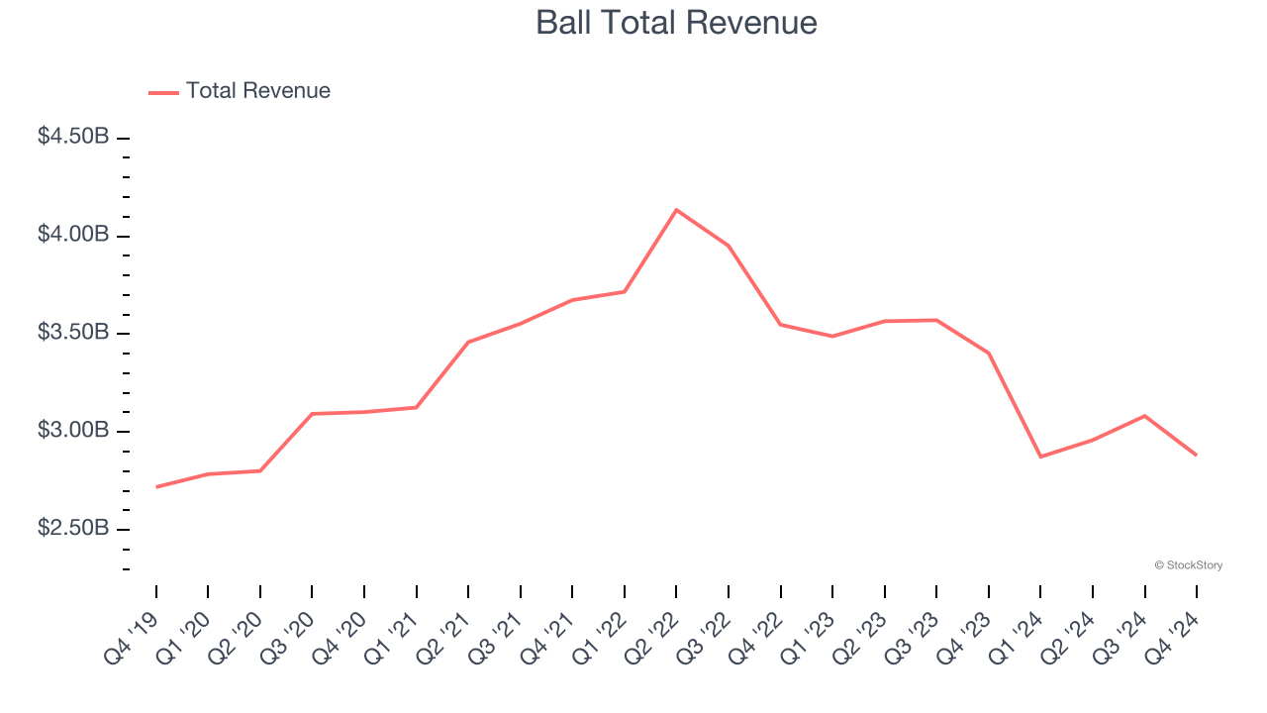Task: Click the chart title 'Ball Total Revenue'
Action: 676,23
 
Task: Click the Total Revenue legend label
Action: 257,91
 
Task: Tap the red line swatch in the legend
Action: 163,92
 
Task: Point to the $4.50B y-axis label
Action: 73,137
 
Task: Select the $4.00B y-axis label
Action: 73,235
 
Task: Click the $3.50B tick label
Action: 73,333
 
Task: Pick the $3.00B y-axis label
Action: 73,431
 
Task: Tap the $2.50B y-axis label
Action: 73,529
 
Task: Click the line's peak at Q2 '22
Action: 676,210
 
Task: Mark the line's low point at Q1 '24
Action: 1040,457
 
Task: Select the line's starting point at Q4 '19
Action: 156,486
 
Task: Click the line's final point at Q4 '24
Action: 1196,455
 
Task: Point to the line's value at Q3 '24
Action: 1144,416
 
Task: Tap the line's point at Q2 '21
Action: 468,342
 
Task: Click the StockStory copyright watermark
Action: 1188,565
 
